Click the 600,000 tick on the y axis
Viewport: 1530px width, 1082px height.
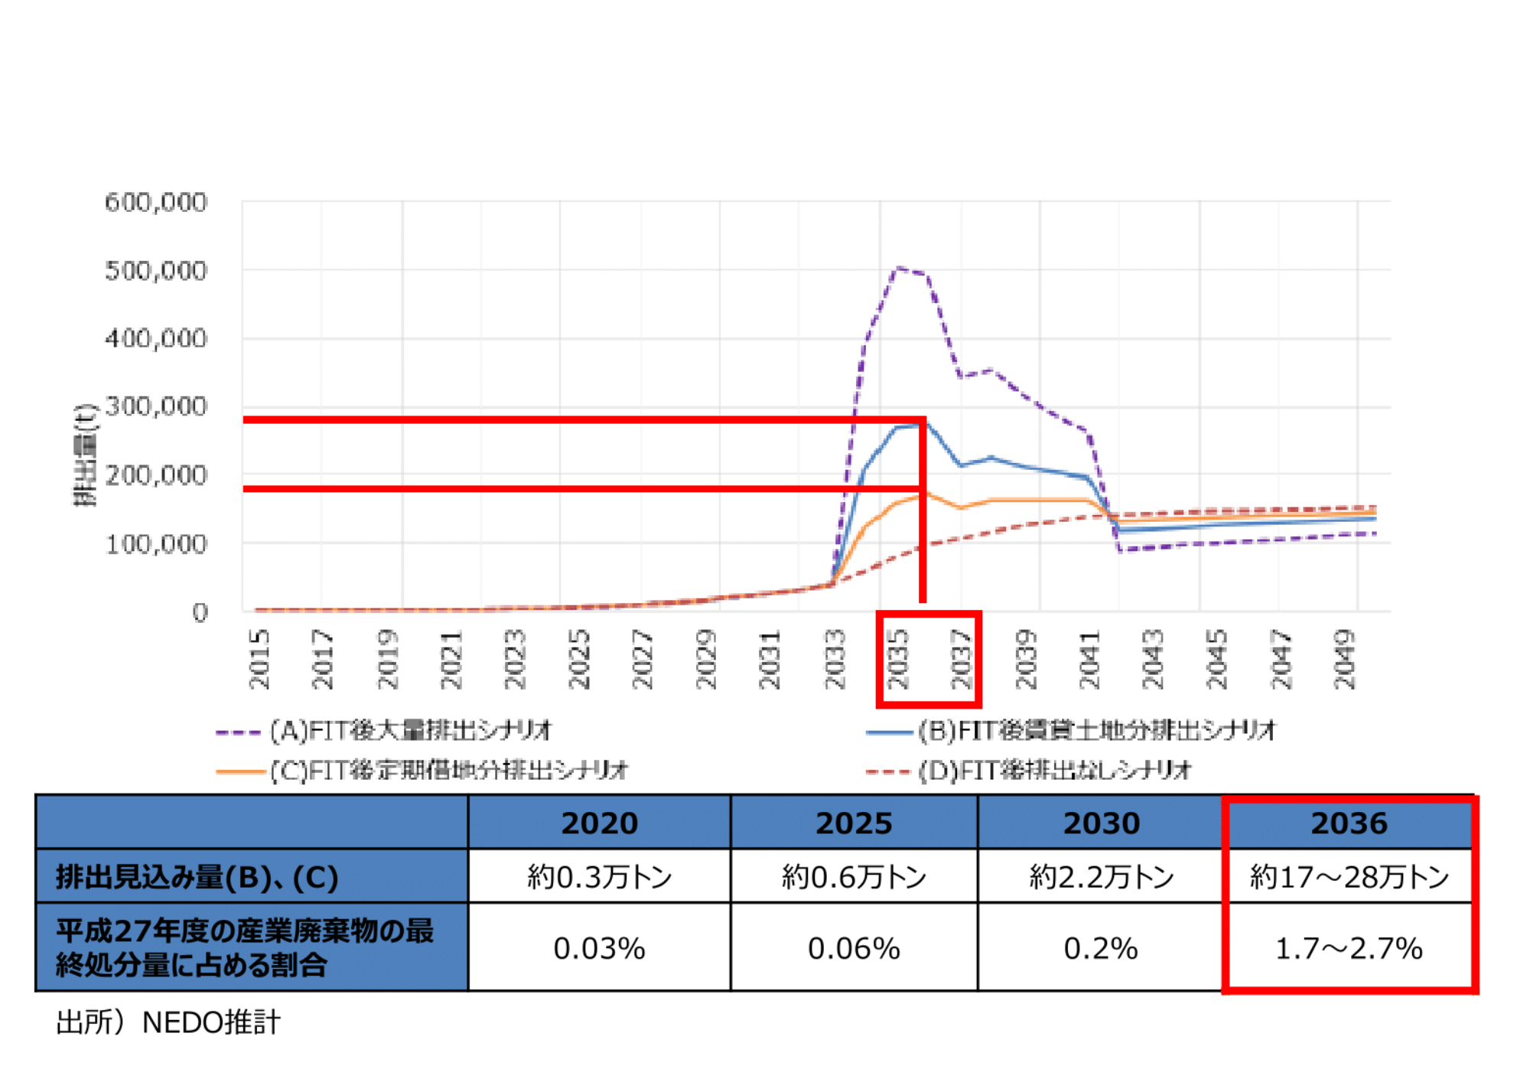156,203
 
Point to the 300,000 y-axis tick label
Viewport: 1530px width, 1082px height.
156,406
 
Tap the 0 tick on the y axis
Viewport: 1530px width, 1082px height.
200,612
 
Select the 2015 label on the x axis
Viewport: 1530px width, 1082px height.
259,659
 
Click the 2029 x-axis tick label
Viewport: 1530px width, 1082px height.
706,659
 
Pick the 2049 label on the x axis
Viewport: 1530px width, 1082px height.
1344,659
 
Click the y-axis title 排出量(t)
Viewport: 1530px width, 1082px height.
86,455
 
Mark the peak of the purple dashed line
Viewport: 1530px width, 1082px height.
897,268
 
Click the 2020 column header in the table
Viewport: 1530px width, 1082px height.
599,823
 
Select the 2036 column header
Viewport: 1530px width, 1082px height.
1349,823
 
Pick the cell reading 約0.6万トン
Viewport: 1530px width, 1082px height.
854,877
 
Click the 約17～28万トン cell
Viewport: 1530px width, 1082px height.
1349,877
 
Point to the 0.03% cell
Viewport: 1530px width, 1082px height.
599,949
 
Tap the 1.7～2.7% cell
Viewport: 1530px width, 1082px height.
1349,949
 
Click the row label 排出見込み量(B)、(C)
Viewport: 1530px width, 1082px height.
197,877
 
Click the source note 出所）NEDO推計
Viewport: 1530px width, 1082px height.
168,1022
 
